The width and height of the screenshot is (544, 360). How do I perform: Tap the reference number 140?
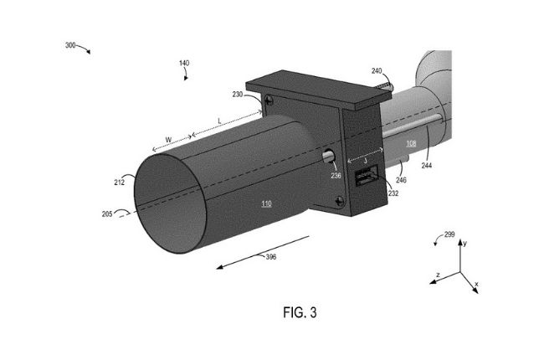pos(184,63)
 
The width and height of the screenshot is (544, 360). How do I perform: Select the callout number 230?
pos(238,95)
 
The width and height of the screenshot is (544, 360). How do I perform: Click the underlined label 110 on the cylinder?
pos(265,203)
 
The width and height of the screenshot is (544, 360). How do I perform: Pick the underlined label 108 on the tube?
pos(410,143)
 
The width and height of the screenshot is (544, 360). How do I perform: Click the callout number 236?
pos(335,175)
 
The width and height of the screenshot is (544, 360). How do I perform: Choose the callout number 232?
pos(393,193)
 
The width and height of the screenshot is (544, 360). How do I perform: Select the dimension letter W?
pos(168,139)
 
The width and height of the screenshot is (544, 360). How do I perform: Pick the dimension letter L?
pos(219,121)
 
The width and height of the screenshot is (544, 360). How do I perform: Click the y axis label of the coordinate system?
pos(464,242)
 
